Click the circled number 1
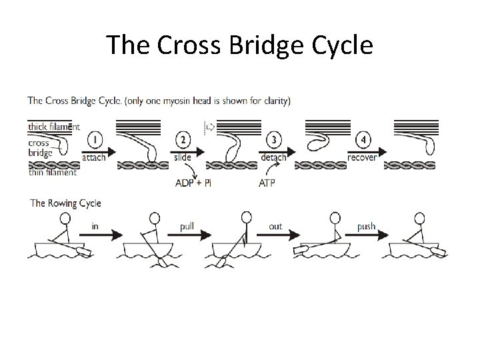(x=95, y=141)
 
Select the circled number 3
(x=273, y=141)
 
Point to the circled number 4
(x=363, y=141)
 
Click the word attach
(x=93, y=157)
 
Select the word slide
(x=181, y=157)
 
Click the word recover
(x=363, y=157)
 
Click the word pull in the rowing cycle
(x=187, y=227)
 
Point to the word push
(x=367, y=227)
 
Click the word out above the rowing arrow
(x=275, y=227)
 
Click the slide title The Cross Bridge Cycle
(x=239, y=45)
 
